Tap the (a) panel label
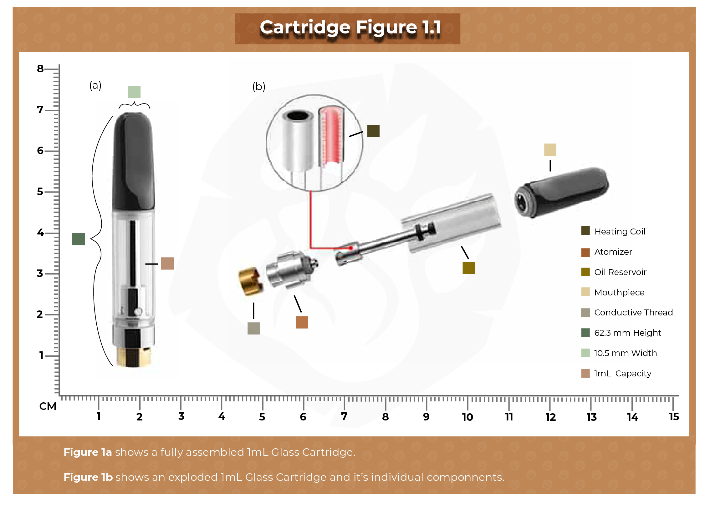tap(95, 85)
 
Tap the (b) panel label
tap(258, 87)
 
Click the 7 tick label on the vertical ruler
tap(40, 110)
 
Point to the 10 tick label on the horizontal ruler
tap(467, 417)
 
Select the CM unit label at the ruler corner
tap(48, 406)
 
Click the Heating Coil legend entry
tap(619, 231)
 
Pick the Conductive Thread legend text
tap(633, 312)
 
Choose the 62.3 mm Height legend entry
tap(627, 333)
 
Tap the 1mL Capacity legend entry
tap(622, 373)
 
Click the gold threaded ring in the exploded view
tap(250, 281)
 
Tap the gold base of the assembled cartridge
tap(134, 356)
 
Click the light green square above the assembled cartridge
tap(134, 92)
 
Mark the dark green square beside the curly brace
tap(78, 239)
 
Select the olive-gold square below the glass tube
tap(468, 268)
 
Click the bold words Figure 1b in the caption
tap(88, 477)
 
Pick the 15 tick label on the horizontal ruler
tap(674, 417)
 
